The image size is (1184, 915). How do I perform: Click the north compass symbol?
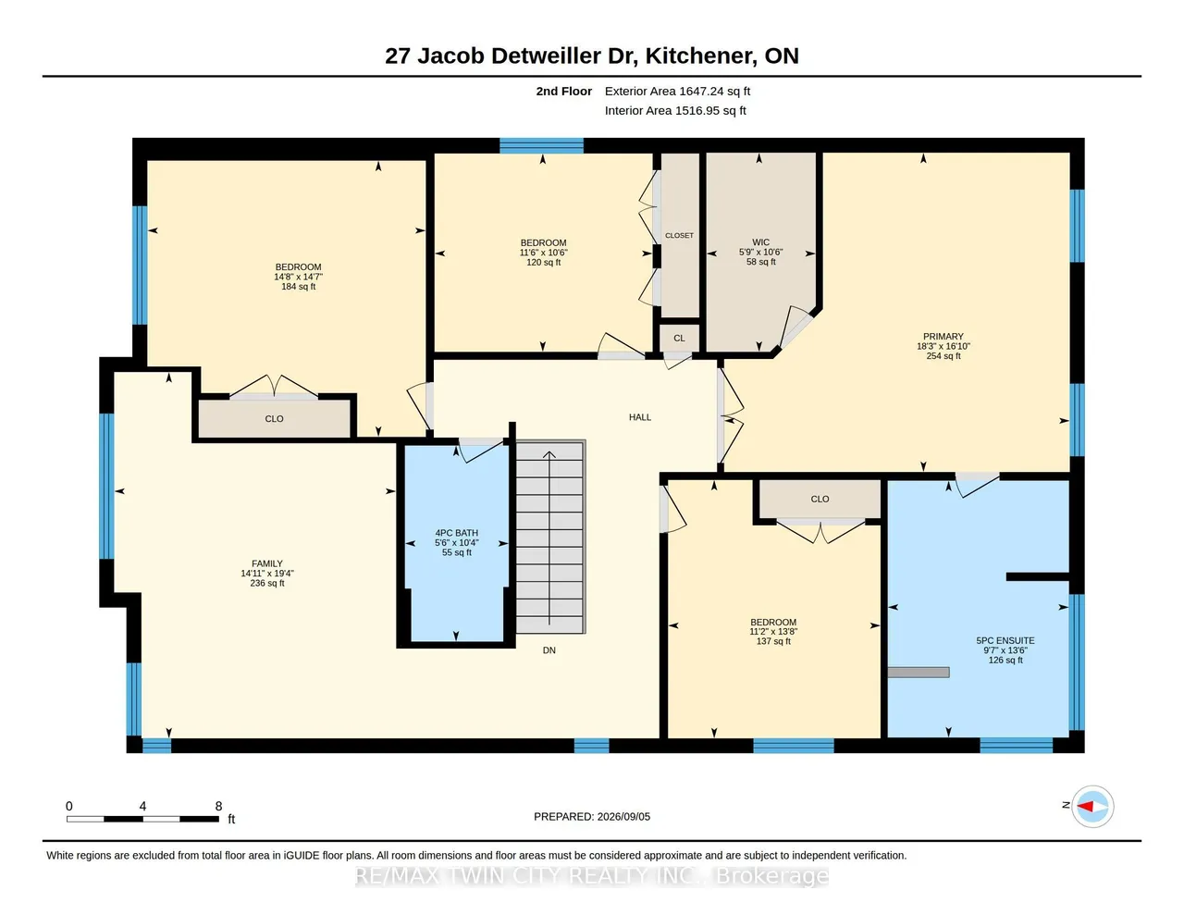[1091, 806]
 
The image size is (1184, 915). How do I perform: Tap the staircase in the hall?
[550, 537]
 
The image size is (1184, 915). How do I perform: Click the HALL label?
[640, 417]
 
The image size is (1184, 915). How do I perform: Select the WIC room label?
[760, 242]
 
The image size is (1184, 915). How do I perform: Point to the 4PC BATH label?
[457, 533]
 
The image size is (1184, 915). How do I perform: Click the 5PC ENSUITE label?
[1005, 641]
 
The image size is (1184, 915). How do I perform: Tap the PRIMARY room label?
[943, 337]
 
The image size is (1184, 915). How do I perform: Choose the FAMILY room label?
[267, 563]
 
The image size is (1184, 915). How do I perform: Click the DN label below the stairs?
[549, 650]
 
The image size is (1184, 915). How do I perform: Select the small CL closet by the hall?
[679, 339]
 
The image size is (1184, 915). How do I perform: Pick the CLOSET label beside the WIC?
[680, 235]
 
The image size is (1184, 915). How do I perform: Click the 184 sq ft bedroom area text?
[299, 287]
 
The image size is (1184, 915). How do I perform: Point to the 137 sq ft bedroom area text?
[773, 641]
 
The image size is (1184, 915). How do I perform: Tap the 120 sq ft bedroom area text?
[543, 262]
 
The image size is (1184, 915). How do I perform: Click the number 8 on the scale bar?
[218, 806]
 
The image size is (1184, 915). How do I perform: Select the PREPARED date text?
[592, 816]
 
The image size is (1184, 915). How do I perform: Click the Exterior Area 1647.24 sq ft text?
[677, 92]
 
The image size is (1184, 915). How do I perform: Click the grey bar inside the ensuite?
[919, 673]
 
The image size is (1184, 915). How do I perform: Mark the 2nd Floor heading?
[564, 92]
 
